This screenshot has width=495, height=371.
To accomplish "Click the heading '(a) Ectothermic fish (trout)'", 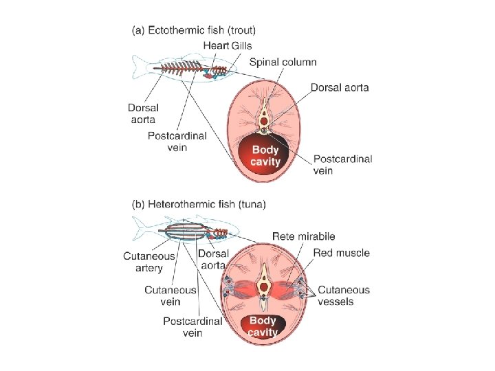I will [x=193, y=30].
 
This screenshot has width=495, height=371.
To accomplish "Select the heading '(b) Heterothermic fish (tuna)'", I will [x=199, y=204].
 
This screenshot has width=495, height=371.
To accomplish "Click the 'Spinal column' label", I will [x=283, y=62].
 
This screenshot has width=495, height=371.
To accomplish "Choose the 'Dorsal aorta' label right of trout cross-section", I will [x=340, y=87].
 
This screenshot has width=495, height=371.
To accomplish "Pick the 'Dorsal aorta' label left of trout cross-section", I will [x=143, y=113].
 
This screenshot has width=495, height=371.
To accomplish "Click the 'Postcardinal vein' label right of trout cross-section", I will [x=342, y=164].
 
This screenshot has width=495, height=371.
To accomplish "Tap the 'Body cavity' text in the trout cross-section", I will [x=265, y=155].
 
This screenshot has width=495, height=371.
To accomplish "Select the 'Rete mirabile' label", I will [x=303, y=237].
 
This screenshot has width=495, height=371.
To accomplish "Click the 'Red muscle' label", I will [x=341, y=253].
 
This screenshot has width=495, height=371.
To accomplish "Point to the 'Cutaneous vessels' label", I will [x=343, y=295].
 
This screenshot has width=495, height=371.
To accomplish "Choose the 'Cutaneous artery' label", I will [x=149, y=262].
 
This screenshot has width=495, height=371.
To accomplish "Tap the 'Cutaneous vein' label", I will [x=170, y=295].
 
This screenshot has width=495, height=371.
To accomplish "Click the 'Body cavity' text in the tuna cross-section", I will [x=262, y=326].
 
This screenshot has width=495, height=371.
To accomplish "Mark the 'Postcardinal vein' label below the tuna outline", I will [x=192, y=326].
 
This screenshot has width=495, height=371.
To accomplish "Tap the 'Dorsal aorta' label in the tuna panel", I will [x=212, y=260].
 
